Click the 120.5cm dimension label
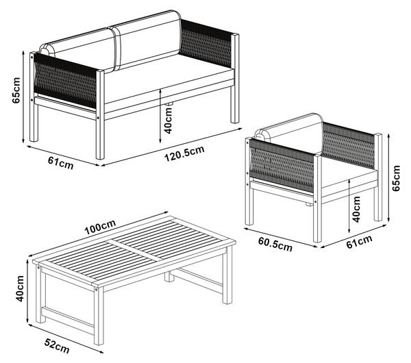(x=184, y=154)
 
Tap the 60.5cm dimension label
(x=275, y=245)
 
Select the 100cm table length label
(x=100, y=227)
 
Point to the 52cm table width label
(x=57, y=346)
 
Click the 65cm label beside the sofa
(x=16, y=90)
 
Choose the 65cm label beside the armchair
(x=396, y=178)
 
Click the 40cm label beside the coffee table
(x=20, y=288)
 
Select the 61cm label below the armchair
(x=359, y=242)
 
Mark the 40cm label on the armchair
(x=356, y=209)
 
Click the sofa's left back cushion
(x=79, y=50)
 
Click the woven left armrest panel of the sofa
(x=65, y=81)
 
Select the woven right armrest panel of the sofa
(x=206, y=42)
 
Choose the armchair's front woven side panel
(x=282, y=165)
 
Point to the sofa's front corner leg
(x=100, y=114)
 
